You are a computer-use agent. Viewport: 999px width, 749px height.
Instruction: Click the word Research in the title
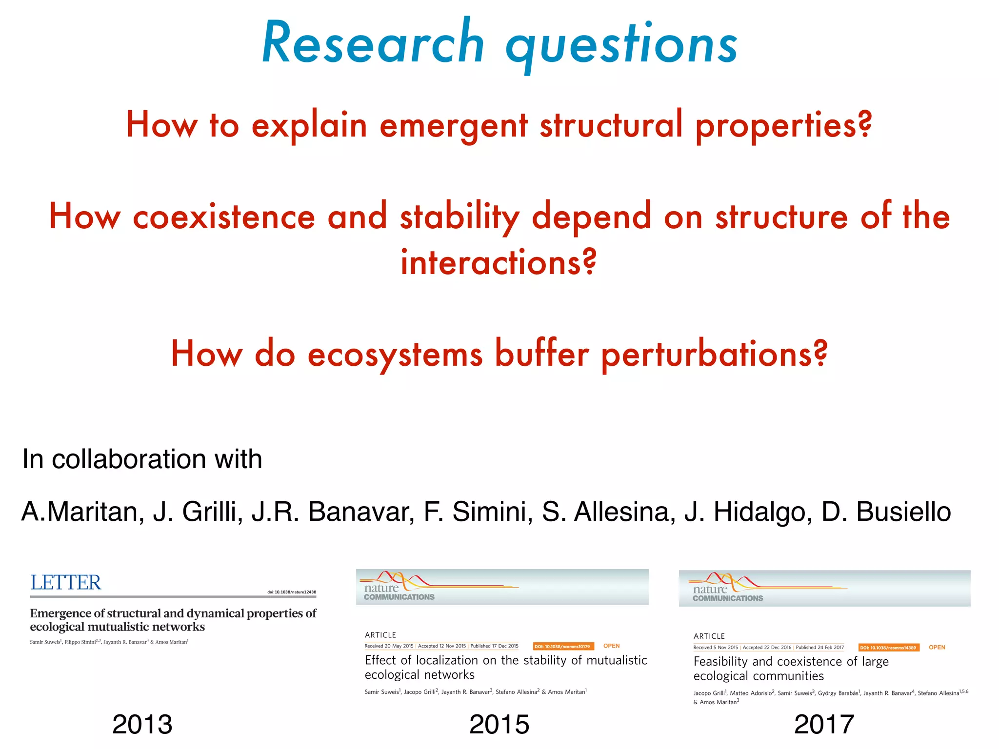373,44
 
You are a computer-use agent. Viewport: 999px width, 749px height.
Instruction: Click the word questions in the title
622,46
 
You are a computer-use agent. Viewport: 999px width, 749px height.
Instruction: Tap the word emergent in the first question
453,125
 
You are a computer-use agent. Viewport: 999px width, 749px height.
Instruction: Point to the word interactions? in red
499,263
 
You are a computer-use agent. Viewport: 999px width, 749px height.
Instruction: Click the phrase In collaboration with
142,459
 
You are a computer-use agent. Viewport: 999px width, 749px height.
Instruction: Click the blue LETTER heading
66,583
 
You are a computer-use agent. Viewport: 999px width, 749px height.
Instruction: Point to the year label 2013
142,724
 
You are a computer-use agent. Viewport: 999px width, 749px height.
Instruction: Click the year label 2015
499,724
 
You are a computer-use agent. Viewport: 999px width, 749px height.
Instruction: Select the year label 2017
824,724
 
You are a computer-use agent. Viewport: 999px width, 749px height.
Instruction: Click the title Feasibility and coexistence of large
791,662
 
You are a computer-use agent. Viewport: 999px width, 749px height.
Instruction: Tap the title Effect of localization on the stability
505,660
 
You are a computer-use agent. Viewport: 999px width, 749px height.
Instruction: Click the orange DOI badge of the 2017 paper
888,648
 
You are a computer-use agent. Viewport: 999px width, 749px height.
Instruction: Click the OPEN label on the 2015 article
611,646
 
